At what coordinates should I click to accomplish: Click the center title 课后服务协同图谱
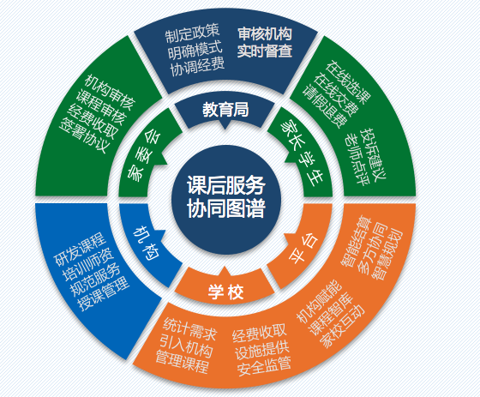coord(226,196)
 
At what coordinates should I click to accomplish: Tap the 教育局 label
coord(225,110)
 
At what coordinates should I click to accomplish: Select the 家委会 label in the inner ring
coord(144,155)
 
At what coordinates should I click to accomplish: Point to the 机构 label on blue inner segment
coord(147,244)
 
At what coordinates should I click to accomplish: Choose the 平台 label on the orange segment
coord(303,249)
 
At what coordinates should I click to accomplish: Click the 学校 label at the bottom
coord(226,292)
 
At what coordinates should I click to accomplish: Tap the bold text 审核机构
coord(265,33)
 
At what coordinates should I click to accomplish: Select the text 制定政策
coord(192,33)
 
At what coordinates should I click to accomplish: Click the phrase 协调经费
coord(197,66)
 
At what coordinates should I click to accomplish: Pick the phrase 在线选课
coord(348,82)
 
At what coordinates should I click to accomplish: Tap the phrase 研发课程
coord(80,250)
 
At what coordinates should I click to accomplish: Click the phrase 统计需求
coord(189,329)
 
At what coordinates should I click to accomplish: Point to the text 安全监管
coord(264,366)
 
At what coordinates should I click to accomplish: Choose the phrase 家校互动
coord(342,326)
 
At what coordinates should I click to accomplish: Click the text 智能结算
coord(356,241)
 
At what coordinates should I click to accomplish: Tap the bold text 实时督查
coord(265,51)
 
